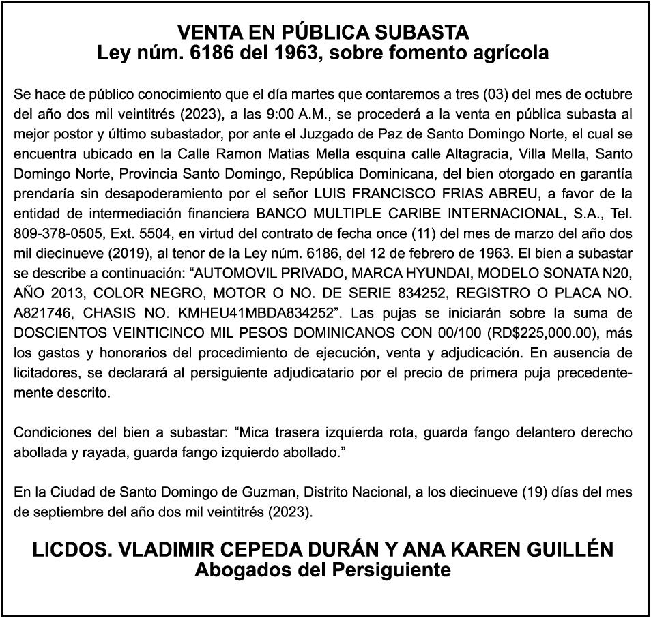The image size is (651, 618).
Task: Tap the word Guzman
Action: [225, 492]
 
